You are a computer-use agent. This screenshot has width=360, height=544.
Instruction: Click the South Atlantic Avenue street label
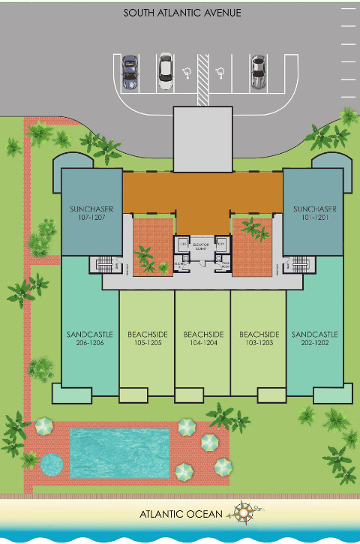pyautogui.click(x=182, y=13)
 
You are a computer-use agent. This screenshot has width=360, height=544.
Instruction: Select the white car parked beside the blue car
pyautogui.click(x=166, y=68)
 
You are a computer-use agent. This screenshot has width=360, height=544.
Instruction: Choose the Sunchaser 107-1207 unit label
pyautogui.click(x=91, y=213)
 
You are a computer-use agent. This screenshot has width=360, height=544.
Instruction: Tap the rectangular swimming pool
pyautogui.click(x=120, y=452)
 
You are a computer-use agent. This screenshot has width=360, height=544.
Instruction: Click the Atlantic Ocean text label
pyautogui.click(x=181, y=514)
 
